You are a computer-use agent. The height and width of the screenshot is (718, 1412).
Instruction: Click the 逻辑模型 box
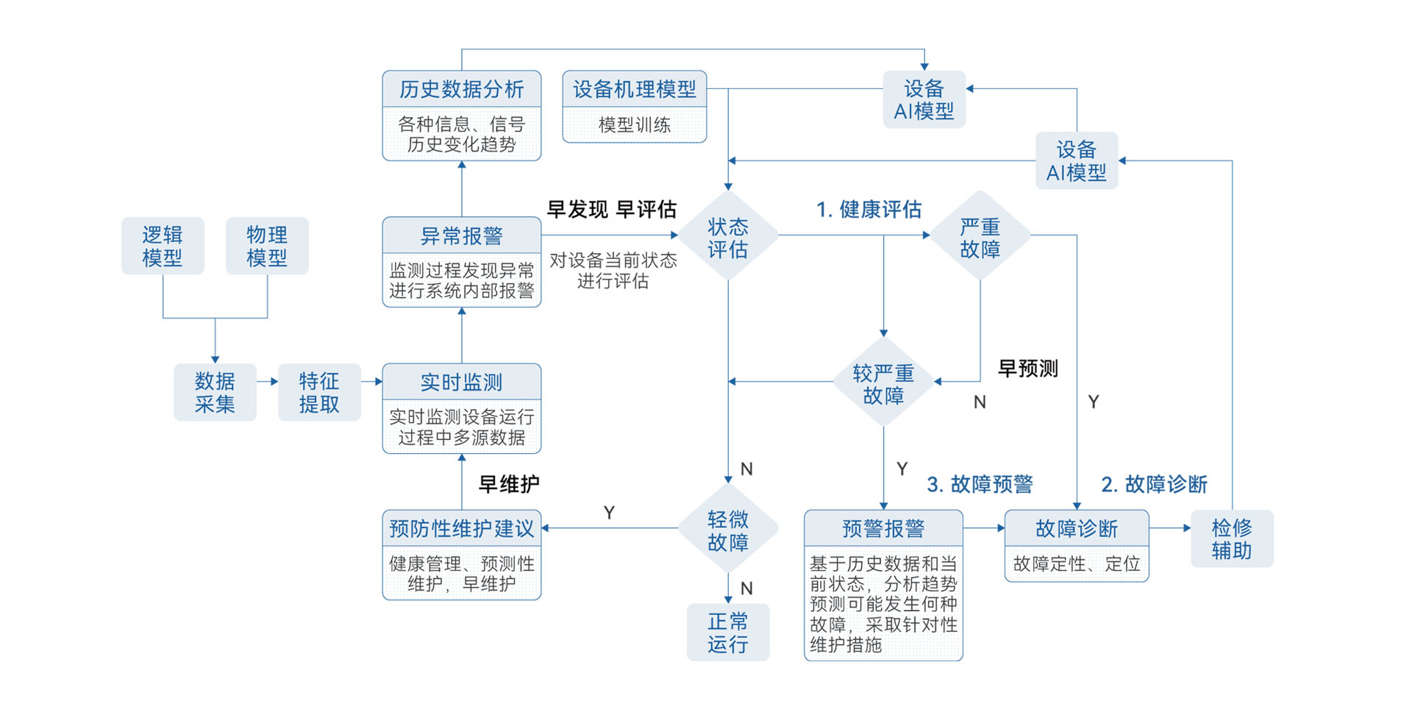click(x=163, y=246)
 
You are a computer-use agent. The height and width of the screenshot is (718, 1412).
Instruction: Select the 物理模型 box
click(x=267, y=246)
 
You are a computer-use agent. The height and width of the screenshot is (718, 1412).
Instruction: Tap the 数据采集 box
click(x=215, y=392)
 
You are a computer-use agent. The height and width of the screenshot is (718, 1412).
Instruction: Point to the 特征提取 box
click(x=319, y=392)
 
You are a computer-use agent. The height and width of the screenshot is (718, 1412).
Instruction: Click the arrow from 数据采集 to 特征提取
click(x=268, y=381)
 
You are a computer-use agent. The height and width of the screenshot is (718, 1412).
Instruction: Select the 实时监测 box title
click(x=461, y=382)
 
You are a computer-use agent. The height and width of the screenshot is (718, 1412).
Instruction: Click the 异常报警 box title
click(x=461, y=235)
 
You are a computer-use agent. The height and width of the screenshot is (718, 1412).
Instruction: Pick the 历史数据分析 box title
click(x=461, y=89)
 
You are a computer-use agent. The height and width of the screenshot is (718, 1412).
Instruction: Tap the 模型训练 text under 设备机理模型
click(x=634, y=125)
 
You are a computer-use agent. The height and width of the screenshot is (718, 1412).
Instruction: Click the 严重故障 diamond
click(x=980, y=237)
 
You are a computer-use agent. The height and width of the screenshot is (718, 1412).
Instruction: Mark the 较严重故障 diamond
click(x=883, y=383)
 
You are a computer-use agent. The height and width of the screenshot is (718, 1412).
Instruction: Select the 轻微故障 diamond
click(x=727, y=530)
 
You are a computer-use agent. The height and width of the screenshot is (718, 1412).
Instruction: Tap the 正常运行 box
click(x=727, y=633)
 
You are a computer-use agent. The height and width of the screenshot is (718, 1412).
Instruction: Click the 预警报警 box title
click(x=883, y=528)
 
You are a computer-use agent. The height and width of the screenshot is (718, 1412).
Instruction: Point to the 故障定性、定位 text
click(x=1076, y=564)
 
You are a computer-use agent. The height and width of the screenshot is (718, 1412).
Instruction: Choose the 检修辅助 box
click(x=1231, y=538)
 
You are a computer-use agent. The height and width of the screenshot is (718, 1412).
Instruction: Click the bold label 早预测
click(x=1027, y=368)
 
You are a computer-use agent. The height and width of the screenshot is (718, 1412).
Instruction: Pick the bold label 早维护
click(x=509, y=484)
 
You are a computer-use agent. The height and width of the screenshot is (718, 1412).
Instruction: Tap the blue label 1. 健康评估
click(x=869, y=210)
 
